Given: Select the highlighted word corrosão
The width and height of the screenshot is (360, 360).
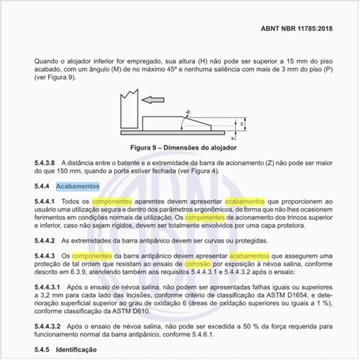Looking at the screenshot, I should pos(221,266).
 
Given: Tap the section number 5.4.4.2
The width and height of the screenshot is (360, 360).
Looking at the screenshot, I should pos(47,240).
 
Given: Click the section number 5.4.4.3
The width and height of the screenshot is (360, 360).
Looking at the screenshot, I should pos(47,256).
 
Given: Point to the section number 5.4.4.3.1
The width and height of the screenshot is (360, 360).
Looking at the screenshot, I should pos(50,287).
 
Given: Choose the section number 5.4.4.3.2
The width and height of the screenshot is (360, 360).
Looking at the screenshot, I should pos(50,326).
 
